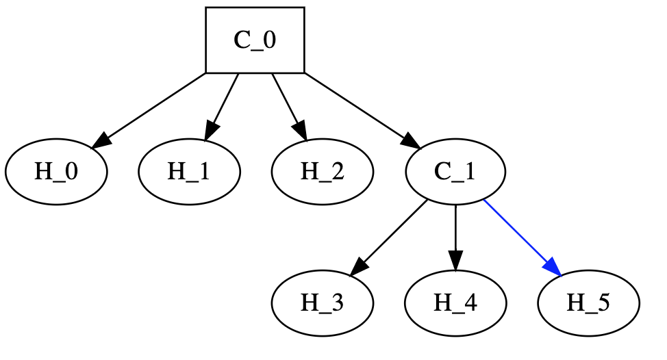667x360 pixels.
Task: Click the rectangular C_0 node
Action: pos(255,40)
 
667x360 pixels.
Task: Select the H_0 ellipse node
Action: pos(56,171)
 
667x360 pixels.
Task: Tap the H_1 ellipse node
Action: pos(189,171)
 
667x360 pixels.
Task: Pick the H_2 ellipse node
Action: pos(322,171)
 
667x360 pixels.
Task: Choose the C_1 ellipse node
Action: pos(455,171)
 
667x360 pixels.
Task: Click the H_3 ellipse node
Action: pos(322,303)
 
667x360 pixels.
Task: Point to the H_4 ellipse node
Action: pos(455,303)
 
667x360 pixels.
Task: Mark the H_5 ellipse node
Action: pos(588,303)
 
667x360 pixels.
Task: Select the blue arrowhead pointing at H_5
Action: pos(553,268)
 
